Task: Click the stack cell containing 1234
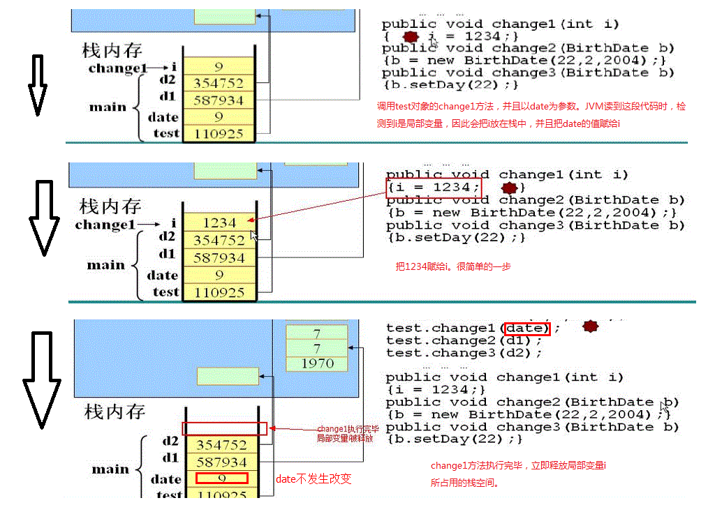(x=219, y=223)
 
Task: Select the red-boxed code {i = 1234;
(x=434, y=187)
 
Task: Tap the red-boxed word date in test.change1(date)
(x=527, y=328)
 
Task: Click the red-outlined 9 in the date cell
(x=221, y=478)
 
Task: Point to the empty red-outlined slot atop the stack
(x=224, y=428)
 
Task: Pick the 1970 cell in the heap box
(x=317, y=363)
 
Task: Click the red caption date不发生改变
(x=314, y=478)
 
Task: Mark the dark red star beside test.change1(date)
(x=591, y=326)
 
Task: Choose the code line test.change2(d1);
(x=464, y=340)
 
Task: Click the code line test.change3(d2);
(x=464, y=353)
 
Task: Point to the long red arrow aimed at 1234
(x=328, y=206)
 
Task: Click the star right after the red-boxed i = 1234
(x=510, y=188)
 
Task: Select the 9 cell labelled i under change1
(x=219, y=67)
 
